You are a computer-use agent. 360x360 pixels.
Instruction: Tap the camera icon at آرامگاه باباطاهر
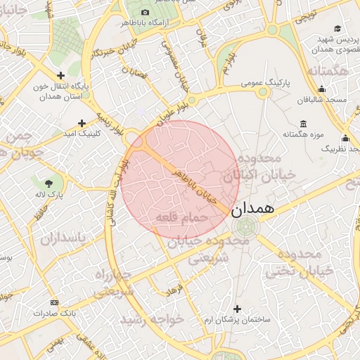coord(146,12)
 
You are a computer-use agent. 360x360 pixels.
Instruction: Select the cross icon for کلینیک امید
coord(82,123)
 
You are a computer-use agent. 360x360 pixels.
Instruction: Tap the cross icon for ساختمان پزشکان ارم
coord(237,309)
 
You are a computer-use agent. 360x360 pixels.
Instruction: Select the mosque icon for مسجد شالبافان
coord(321,89)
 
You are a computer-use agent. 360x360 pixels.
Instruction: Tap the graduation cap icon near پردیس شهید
coord(337,29)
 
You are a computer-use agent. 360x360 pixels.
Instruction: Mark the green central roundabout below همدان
coord(246,227)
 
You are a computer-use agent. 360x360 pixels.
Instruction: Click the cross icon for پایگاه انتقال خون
coord(60,75)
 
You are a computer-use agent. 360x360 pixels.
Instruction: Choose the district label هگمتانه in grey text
coord(328,71)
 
